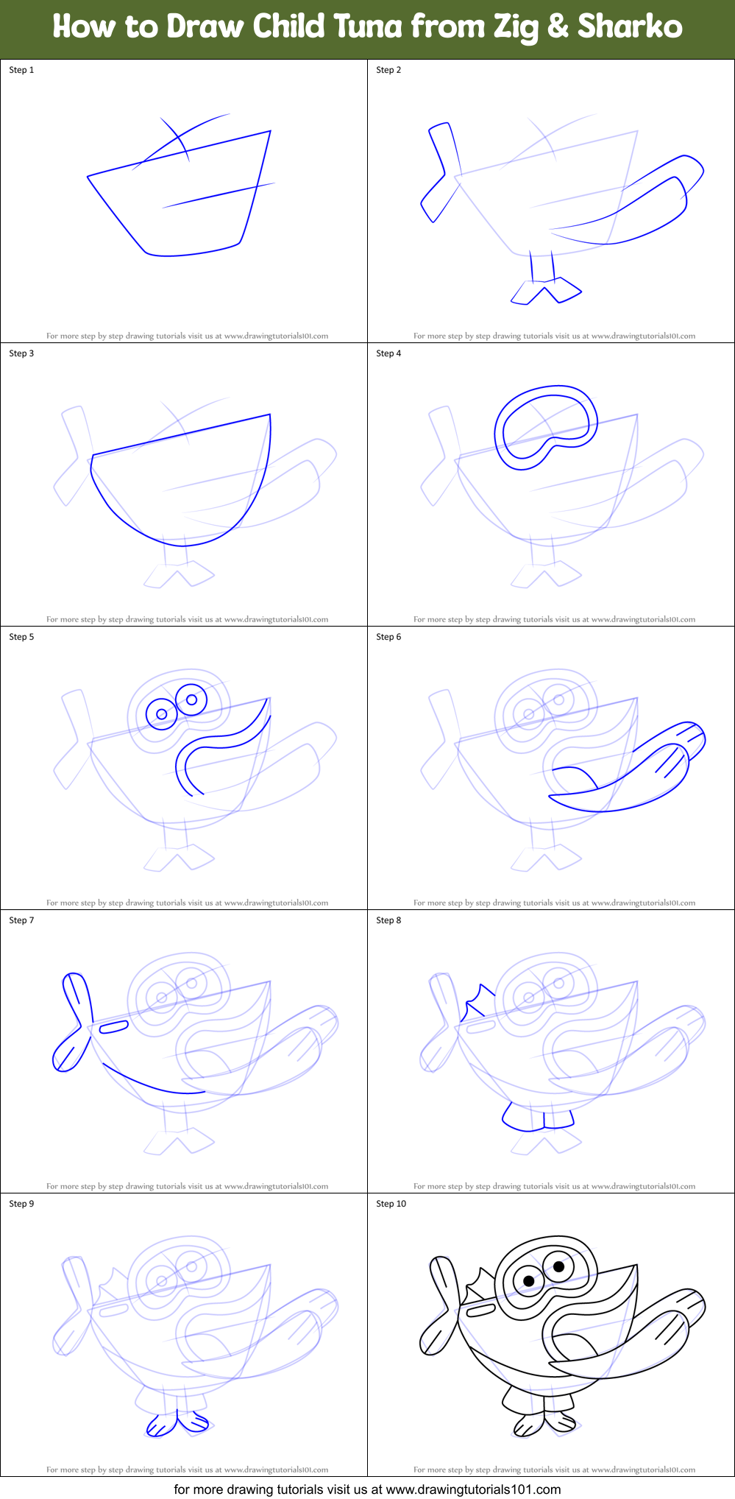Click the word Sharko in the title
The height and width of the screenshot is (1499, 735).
pos(630,27)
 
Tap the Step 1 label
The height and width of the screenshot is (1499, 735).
pos(21,70)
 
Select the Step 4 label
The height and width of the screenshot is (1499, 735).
pos(388,353)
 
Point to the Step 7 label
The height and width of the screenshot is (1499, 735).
pos(21,920)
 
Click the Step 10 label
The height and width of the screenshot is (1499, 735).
pos(391,1204)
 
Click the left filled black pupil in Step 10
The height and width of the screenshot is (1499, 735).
pos(528,1282)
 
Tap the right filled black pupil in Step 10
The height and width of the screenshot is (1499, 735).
pos(558,1266)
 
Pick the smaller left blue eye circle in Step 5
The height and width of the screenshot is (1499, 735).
pos(162,714)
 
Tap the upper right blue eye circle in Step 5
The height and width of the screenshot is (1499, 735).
pos(191,699)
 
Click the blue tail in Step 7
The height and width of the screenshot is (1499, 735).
pos(73,1023)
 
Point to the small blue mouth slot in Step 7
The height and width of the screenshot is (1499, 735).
pos(113,1026)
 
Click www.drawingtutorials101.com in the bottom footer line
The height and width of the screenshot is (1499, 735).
pos(473,1489)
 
